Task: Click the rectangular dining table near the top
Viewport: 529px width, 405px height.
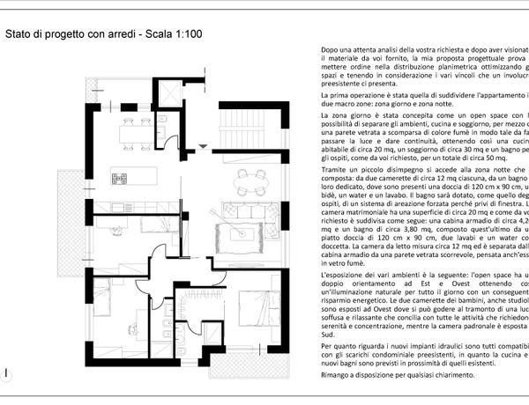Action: pos(136,132)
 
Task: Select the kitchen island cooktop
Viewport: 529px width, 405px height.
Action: pos(121,176)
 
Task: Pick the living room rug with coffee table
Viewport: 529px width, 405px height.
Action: pos(241,232)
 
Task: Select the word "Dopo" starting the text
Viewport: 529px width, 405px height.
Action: pos(330,49)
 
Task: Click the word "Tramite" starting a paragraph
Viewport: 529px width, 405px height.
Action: pos(335,166)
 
